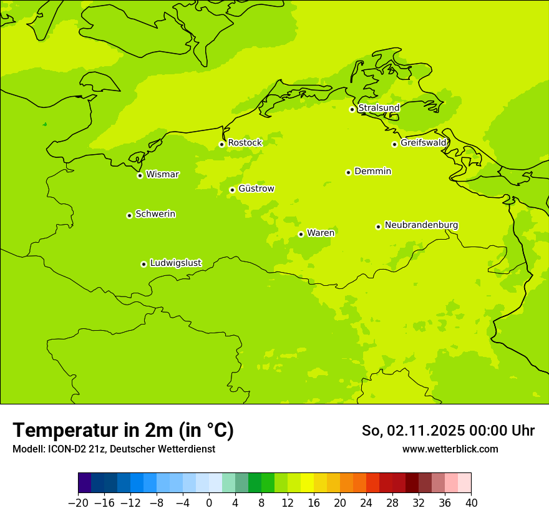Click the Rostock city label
(x=245, y=143)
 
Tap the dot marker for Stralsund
(x=352, y=109)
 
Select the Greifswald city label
(x=424, y=143)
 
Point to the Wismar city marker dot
(x=140, y=175)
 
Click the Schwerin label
(x=155, y=214)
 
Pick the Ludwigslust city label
(x=175, y=263)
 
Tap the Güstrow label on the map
(x=256, y=188)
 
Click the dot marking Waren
(x=301, y=234)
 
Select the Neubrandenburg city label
(x=421, y=225)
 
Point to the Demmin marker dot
(x=348, y=172)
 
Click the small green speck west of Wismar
(x=44, y=124)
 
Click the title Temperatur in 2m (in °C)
(x=123, y=430)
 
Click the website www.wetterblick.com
(x=450, y=449)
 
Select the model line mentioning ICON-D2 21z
(x=114, y=449)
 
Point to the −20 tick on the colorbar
(x=78, y=502)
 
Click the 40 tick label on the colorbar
(x=471, y=502)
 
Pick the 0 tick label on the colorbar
(x=209, y=502)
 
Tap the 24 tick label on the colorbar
(x=366, y=502)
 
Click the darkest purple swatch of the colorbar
(x=85, y=483)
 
